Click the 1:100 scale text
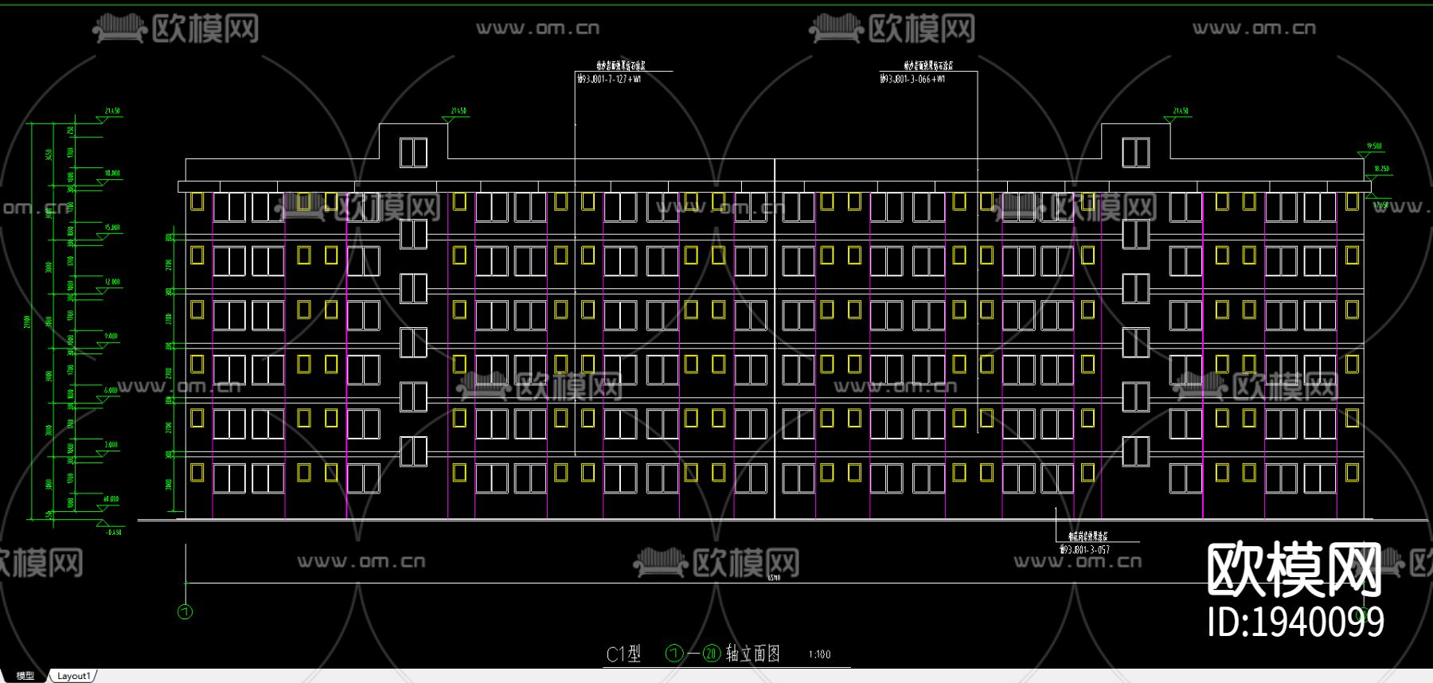(x=819, y=654)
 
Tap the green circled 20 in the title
(x=711, y=654)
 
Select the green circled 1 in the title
(x=674, y=654)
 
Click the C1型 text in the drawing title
(x=623, y=654)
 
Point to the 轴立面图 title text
(x=753, y=654)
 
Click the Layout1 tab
(x=73, y=676)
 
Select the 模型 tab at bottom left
(x=25, y=676)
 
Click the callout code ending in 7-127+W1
(x=610, y=80)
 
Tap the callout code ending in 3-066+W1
(x=913, y=80)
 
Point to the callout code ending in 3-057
(x=1085, y=550)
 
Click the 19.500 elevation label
(x=1374, y=146)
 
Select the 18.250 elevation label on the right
(x=1381, y=169)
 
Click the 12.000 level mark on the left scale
(x=112, y=282)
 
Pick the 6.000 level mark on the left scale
(x=111, y=390)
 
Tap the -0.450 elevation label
(x=114, y=533)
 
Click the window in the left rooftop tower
(x=413, y=152)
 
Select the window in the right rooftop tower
(x=1135, y=152)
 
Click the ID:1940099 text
(x=1295, y=622)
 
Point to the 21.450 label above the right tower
(x=1181, y=111)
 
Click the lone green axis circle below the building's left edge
(x=185, y=612)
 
